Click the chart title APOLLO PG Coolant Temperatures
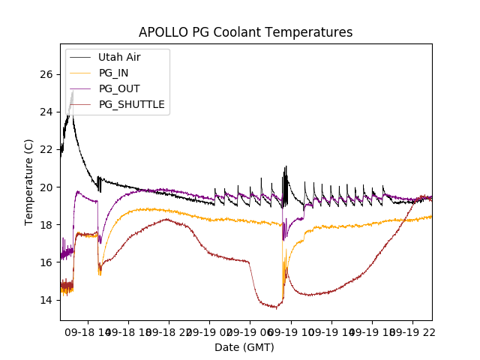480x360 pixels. coord(245,32)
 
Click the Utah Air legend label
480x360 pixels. coord(119,57)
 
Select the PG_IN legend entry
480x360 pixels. coord(114,73)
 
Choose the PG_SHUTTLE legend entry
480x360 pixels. coord(131,104)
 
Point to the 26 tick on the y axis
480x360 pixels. coord(48,74)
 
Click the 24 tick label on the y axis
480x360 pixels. coord(48,112)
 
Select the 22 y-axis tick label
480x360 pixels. coord(48,149)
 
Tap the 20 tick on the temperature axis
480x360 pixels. coord(48,187)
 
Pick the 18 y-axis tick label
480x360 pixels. coord(48,224)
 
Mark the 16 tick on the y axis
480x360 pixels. coord(48,262)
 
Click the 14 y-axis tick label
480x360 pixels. coord(48,299)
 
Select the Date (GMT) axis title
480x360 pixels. coord(244,347)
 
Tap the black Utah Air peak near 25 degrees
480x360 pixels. coord(72,92)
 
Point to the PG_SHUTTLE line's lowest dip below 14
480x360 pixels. coord(276,307)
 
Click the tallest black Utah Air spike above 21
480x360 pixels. coord(286,167)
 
